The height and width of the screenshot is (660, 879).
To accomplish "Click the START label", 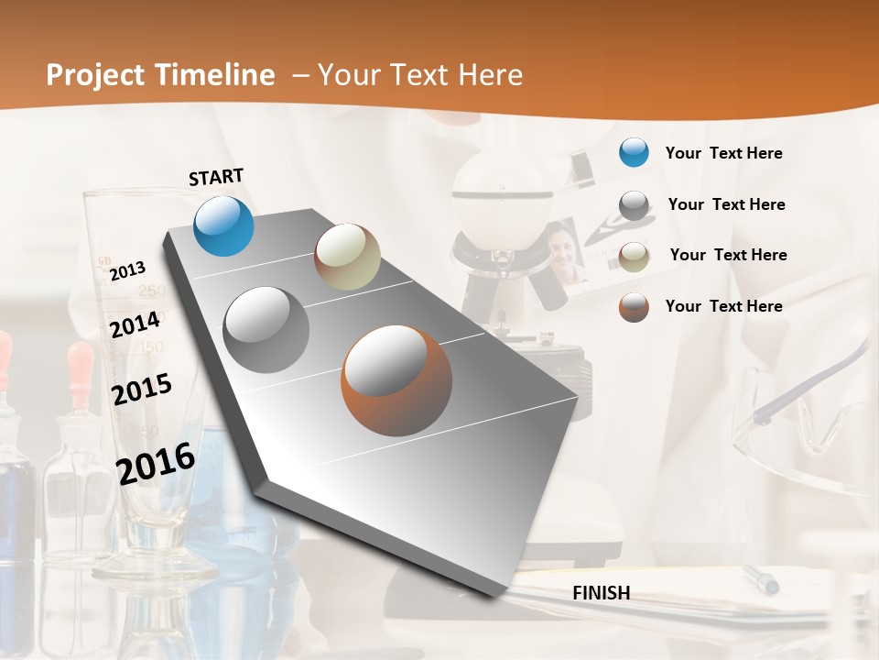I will [x=216, y=177].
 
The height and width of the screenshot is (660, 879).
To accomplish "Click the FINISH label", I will [x=601, y=593].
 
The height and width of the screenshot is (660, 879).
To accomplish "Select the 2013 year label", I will [x=127, y=270].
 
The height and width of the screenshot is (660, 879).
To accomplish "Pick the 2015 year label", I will [x=141, y=389].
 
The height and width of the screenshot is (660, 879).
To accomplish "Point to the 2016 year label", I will [x=156, y=463].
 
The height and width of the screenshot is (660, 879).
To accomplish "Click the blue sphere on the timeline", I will [x=224, y=225].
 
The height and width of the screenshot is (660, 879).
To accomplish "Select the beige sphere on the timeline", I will [x=347, y=257].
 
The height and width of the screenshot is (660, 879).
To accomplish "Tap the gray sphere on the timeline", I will [x=266, y=329].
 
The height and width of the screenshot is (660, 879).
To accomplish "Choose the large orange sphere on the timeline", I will [x=396, y=379].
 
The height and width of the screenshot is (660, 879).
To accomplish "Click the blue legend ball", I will [x=634, y=152].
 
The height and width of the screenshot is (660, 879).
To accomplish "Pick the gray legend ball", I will [x=634, y=205].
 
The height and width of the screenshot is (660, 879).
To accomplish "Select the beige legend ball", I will [x=634, y=256].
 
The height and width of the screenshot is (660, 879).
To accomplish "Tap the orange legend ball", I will [x=634, y=307].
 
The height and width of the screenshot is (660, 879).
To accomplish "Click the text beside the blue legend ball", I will [x=723, y=153].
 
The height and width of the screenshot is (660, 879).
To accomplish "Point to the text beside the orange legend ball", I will [x=723, y=306].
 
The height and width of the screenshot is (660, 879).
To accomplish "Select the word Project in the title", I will [x=96, y=75].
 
